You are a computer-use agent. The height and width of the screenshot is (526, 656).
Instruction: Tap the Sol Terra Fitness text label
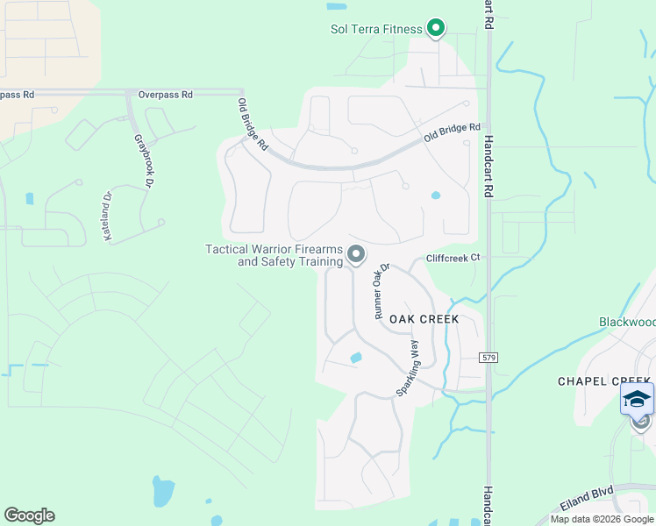click(x=375, y=28)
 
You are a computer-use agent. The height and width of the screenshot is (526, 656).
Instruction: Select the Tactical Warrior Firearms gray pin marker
click(x=356, y=254)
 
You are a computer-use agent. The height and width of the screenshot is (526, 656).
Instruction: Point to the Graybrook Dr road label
click(x=144, y=160)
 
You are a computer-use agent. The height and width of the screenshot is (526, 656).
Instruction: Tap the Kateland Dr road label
click(x=108, y=211)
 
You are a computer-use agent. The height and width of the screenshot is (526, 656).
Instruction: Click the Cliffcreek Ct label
click(x=453, y=258)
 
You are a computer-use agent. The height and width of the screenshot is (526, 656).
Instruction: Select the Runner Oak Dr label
click(x=381, y=292)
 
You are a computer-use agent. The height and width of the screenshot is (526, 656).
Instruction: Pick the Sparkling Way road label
click(x=408, y=366)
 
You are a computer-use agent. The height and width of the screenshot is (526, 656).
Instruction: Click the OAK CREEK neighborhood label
click(x=424, y=319)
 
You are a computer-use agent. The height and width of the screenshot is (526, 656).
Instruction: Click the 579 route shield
click(x=489, y=358)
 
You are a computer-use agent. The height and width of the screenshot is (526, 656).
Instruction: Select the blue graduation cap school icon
click(x=637, y=399)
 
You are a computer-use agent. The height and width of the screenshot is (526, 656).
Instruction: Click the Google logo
click(x=29, y=515)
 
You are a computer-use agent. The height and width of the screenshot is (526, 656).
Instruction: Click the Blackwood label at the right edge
click(x=627, y=323)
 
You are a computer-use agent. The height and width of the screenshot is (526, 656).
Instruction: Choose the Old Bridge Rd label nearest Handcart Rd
click(x=453, y=133)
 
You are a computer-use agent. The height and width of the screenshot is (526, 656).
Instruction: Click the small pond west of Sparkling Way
click(x=355, y=358)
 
